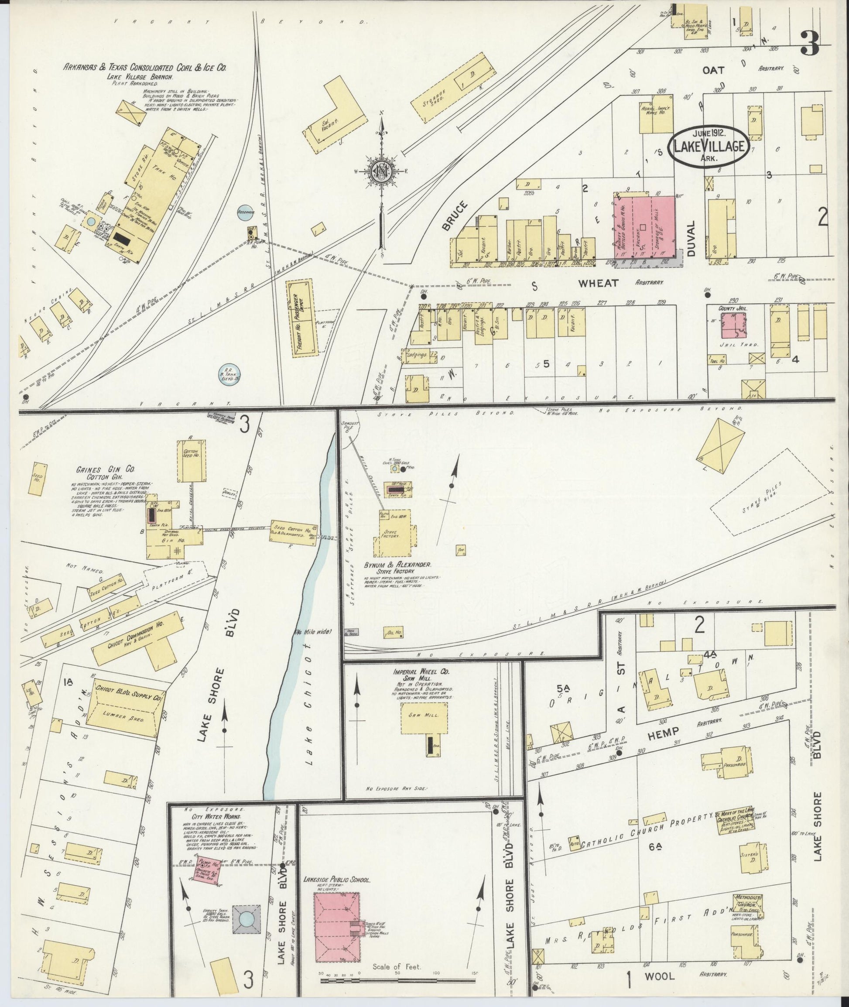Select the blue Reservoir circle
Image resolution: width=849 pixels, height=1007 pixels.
(x=246, y=212)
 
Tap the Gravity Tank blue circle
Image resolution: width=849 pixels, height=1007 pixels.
(x=246, y=918)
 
